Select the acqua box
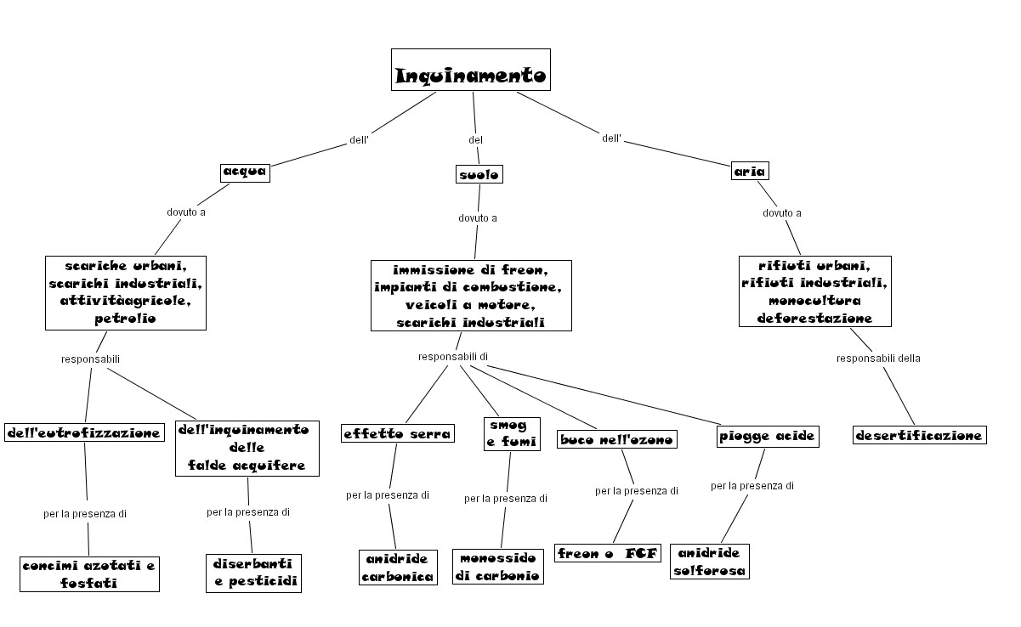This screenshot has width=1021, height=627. (245, 172)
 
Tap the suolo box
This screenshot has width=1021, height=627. (479, 174)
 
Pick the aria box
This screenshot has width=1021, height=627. (750, 171)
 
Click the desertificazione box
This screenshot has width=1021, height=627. (919, 435)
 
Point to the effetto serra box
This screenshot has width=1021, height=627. (398, 433)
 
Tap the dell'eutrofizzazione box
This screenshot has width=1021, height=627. (83, 432)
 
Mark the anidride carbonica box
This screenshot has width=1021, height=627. (398, 567)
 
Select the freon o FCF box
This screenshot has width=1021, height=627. (607, 553)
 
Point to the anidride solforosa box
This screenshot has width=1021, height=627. (710, 562)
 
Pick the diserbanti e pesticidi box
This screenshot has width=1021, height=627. (254, 573)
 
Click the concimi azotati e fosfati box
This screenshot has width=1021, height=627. (90, 573)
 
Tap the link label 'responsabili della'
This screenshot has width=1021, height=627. (878, 358)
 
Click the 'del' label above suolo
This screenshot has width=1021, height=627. (476, 139)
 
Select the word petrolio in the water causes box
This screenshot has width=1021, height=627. (126, 319)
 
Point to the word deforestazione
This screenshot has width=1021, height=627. (814, 318)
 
